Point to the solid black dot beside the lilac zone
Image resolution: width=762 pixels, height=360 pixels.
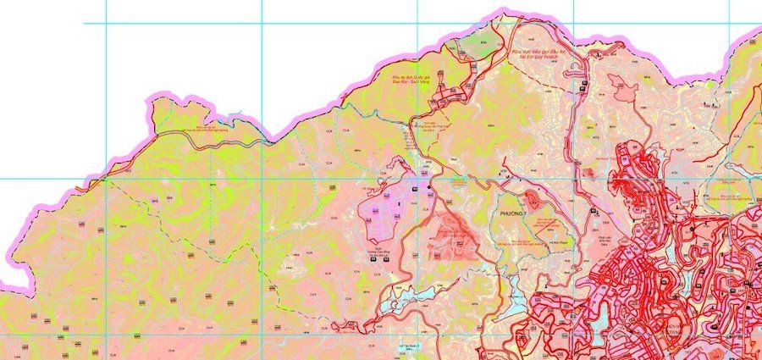429,186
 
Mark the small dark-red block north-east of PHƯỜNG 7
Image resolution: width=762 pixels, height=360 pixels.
533,200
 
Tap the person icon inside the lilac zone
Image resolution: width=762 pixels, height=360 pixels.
398,204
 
